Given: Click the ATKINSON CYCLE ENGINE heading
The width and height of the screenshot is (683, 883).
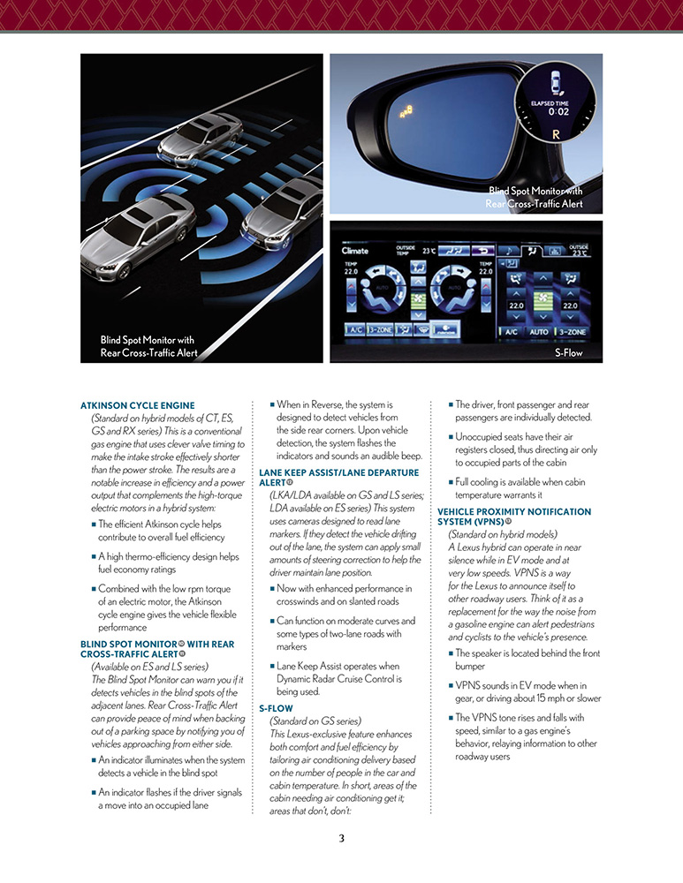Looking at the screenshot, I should point(137,406).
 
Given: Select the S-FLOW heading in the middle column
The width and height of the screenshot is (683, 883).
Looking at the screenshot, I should point(276,708).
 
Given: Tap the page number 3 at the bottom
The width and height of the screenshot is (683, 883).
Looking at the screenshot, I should point(341,838).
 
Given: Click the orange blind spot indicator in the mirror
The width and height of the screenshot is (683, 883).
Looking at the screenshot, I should point(407,112).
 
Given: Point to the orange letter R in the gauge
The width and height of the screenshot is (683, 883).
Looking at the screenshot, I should point(556,134).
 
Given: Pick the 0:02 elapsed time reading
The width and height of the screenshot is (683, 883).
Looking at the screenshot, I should point(558,112).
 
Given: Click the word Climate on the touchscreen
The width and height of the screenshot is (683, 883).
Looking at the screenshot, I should point(355,251).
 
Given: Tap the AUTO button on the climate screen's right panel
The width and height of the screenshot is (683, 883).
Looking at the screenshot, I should point(540,332).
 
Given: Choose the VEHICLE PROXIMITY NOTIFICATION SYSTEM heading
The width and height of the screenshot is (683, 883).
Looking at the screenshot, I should point(514,517).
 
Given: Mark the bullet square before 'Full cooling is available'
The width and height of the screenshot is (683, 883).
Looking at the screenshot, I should point(451,481).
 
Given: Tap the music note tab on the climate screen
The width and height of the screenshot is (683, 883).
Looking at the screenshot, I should point(509,251).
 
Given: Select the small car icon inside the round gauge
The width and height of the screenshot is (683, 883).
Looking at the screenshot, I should point(557,81).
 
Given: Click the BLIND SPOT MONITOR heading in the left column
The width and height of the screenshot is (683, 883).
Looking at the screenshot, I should point(157,649).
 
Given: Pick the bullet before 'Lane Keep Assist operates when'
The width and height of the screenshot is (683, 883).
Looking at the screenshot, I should point(272,667).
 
